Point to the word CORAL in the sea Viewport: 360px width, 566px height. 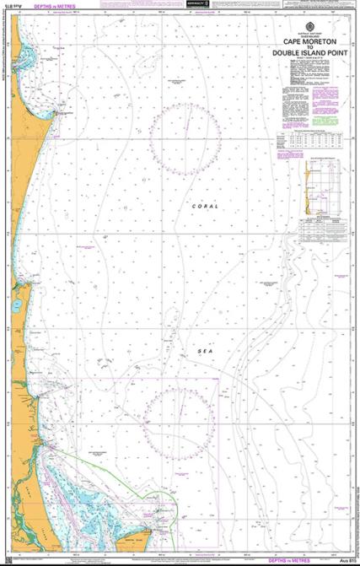(205, 206)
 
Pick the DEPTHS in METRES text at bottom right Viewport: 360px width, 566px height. (291, 559)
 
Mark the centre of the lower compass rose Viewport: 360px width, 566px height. (180, 414)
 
